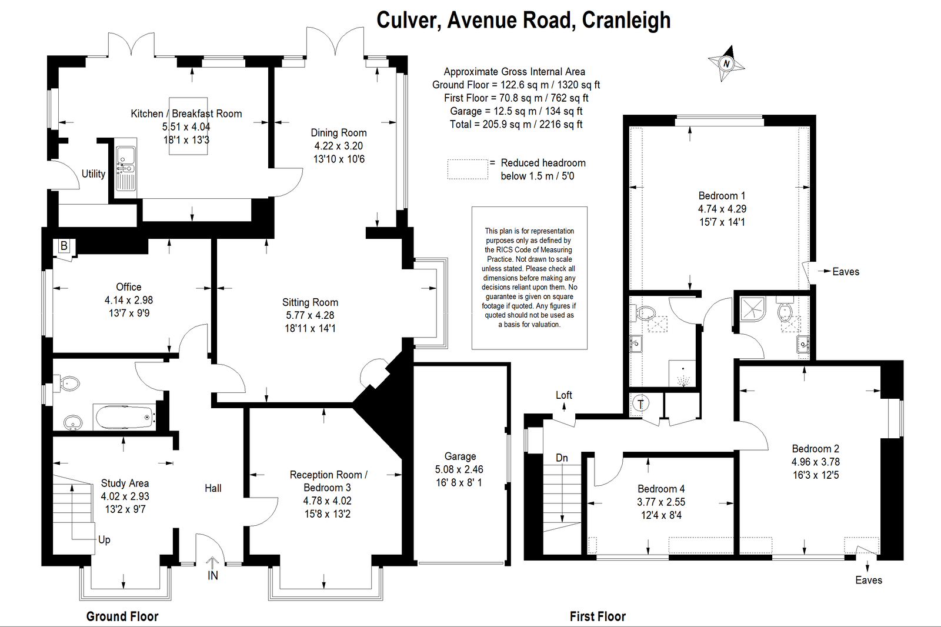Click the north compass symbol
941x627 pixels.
[726, 64]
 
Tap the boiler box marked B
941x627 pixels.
[64, 246]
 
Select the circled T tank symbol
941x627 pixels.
[640, 404]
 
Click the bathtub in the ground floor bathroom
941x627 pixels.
[124, 417]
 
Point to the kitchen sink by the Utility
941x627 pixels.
[126, 168]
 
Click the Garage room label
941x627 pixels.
[461, 456]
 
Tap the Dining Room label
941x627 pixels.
[339, 133]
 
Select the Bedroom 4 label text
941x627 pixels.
[661, 489]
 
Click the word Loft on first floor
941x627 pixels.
[564, 395]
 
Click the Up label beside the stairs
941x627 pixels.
[104, 539]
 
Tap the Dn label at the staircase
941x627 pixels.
[562, 458]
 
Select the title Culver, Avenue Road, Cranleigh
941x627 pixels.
[523, 20]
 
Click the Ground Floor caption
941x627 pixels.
[122, 616]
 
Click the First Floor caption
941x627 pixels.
[598, 616]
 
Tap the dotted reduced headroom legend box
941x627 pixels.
[468, 169]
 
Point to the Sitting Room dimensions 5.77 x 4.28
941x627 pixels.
[310, 315]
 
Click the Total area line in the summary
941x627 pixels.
[516, 124]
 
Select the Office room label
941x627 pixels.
[129, 287]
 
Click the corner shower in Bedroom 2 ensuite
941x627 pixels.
[753, 309]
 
